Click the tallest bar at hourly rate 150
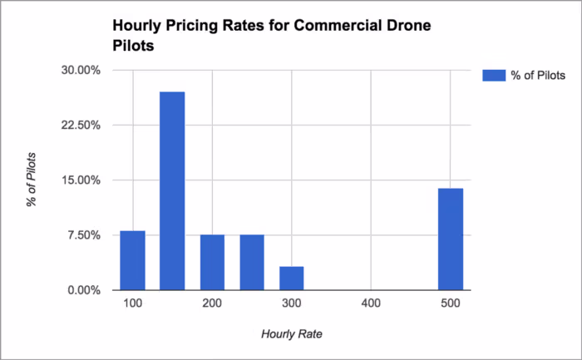(172, 191)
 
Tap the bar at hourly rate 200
(212, 262)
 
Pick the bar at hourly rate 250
(252, 262)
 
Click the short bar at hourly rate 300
(292, 278)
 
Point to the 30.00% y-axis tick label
(82, 71)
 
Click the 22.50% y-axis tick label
(82, 126)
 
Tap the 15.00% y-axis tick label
(82, 180)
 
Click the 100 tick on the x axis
(132, 305)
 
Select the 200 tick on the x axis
(212, 305)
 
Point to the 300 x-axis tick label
(292, 305)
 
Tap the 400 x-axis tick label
(371, 305)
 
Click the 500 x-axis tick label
(451, 305)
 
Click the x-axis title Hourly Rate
(291, 334)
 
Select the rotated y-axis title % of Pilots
(32, 180)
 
